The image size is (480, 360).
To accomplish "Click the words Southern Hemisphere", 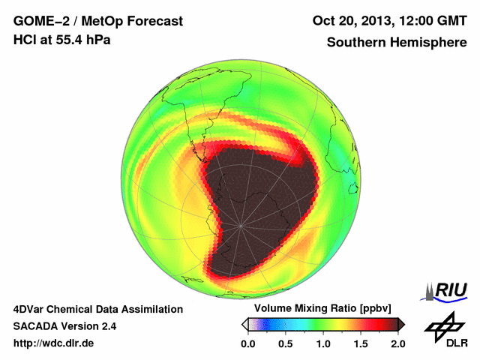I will pos(396,42).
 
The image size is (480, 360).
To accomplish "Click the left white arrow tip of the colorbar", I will pos(244,324).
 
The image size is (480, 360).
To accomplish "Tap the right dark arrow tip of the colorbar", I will pos(401,324).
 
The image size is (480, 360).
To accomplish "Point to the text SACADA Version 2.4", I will pos(64,326).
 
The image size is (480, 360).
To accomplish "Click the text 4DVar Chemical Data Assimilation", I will pos(97,309).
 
